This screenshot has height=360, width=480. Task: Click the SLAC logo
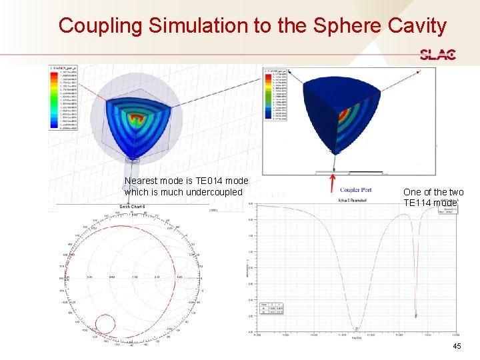point(437,55)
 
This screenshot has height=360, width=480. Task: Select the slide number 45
point(457,346)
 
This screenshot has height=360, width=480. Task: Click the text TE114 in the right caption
point(421,203)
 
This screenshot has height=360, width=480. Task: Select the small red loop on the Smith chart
point(105,325)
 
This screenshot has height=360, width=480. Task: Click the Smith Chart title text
point(133,206)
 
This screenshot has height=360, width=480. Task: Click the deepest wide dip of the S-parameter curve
point(356,327)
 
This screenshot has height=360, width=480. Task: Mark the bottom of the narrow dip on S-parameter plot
point(416,315)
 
